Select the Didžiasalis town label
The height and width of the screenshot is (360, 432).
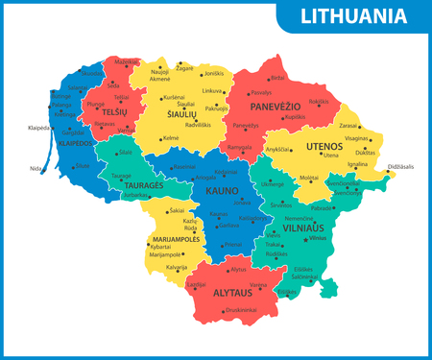pyautogui.click(x=400, y=167)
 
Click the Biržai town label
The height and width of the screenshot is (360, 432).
pyautogui.click(x=277, y=78)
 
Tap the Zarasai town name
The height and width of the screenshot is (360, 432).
pyautogui.click(x=348, y=125)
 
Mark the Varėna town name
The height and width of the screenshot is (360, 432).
pyautogui.click(x=257, y=284)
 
